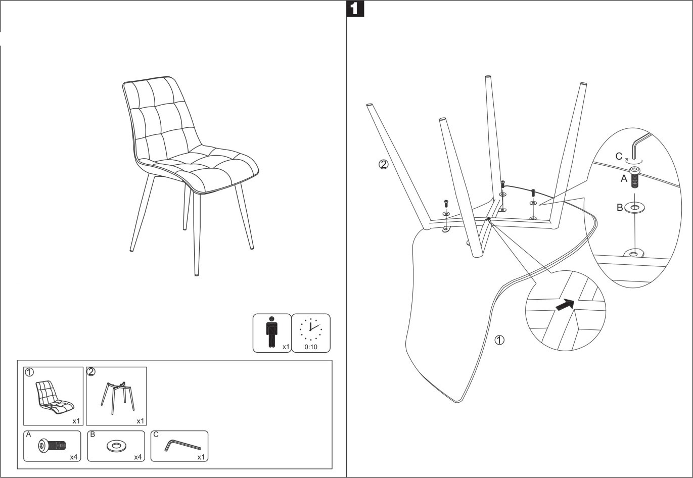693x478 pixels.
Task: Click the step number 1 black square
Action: pos(355,9)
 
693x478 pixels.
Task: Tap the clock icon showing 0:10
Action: pos(311,329)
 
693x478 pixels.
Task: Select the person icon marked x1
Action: pos(272,332)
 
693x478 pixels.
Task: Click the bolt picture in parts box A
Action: pos(52,446)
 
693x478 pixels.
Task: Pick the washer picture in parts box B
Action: pos(117,446)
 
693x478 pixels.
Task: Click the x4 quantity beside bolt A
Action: pos(74,457)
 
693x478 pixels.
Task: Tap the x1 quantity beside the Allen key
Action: pos(201,457)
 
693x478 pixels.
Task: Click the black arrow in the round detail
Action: pos(565,305)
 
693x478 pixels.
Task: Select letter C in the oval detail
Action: pos(619,156)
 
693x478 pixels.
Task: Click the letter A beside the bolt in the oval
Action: pos(624,178)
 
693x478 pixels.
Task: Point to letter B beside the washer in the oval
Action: pos(620,207)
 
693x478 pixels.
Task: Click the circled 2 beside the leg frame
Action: pos(384,164)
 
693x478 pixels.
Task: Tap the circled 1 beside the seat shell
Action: pos(499,340)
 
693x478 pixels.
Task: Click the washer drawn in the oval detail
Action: pos(635,207)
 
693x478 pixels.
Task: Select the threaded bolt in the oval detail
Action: pos(635,178)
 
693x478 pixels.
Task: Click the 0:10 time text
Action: pos(311,347)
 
